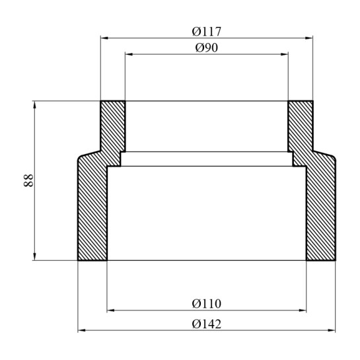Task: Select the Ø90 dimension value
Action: tap(207, 48)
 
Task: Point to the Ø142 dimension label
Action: tap(207, 324)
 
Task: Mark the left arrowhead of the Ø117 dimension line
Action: tap(104, 38)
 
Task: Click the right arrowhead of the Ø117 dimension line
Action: tap(310, 38)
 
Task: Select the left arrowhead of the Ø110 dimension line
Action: tap(110, 310)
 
